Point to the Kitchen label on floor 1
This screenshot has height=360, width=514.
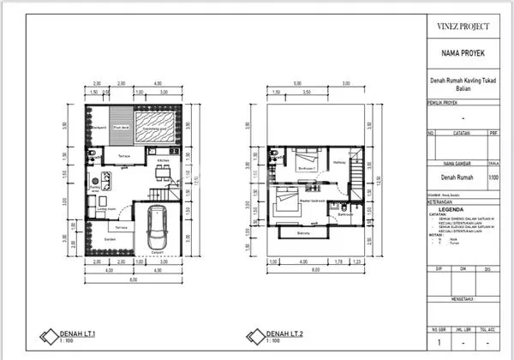tap(163, 159)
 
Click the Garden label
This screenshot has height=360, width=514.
tap(111, 239)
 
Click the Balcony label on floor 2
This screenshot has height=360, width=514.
tap(302, 233)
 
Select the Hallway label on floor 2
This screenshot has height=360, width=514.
tap(338, 161)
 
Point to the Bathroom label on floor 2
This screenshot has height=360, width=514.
tap(345, 214)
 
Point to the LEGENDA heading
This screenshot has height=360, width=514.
tap(451, 208)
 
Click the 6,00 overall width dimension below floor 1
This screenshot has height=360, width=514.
tap(133, 280)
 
